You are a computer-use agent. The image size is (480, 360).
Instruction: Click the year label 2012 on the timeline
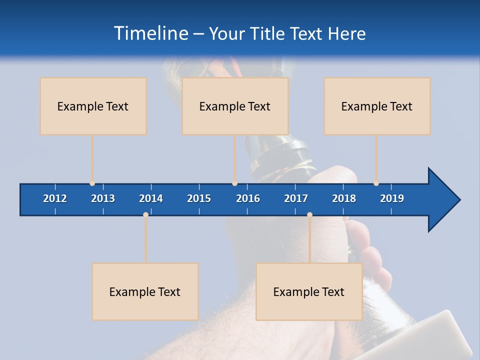coord(55,198)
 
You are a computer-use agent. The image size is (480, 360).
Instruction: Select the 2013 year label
coord(103,198)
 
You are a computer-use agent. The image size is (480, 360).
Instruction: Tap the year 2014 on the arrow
coord(151,198)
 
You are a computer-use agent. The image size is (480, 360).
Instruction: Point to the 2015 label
coord(199,198)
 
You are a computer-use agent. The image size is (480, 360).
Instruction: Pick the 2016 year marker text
coord(248,198)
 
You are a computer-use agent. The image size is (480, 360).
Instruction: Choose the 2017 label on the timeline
coord(296,198)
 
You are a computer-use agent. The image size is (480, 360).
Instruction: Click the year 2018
coord(344,198)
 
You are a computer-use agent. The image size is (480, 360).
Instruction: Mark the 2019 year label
coord(392,198)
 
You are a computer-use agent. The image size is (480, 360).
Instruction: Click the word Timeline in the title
coord(150,33)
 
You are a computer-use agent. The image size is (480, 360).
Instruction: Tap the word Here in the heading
coord(346,33)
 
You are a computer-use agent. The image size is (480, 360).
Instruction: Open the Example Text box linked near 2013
coord(93,106)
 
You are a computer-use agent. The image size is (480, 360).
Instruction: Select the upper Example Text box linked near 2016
coord(235,106)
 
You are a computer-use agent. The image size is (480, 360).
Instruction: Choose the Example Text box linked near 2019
coord(377,106)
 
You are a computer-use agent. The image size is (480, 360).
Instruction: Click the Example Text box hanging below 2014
coord(145,291)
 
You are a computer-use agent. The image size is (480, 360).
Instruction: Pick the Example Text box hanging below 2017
coord(309,291)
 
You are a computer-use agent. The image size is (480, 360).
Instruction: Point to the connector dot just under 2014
coord(145,214)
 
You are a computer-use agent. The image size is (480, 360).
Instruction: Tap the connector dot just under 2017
coord(309,214)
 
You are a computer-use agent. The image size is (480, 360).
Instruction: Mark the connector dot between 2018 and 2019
coord(376,183)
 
